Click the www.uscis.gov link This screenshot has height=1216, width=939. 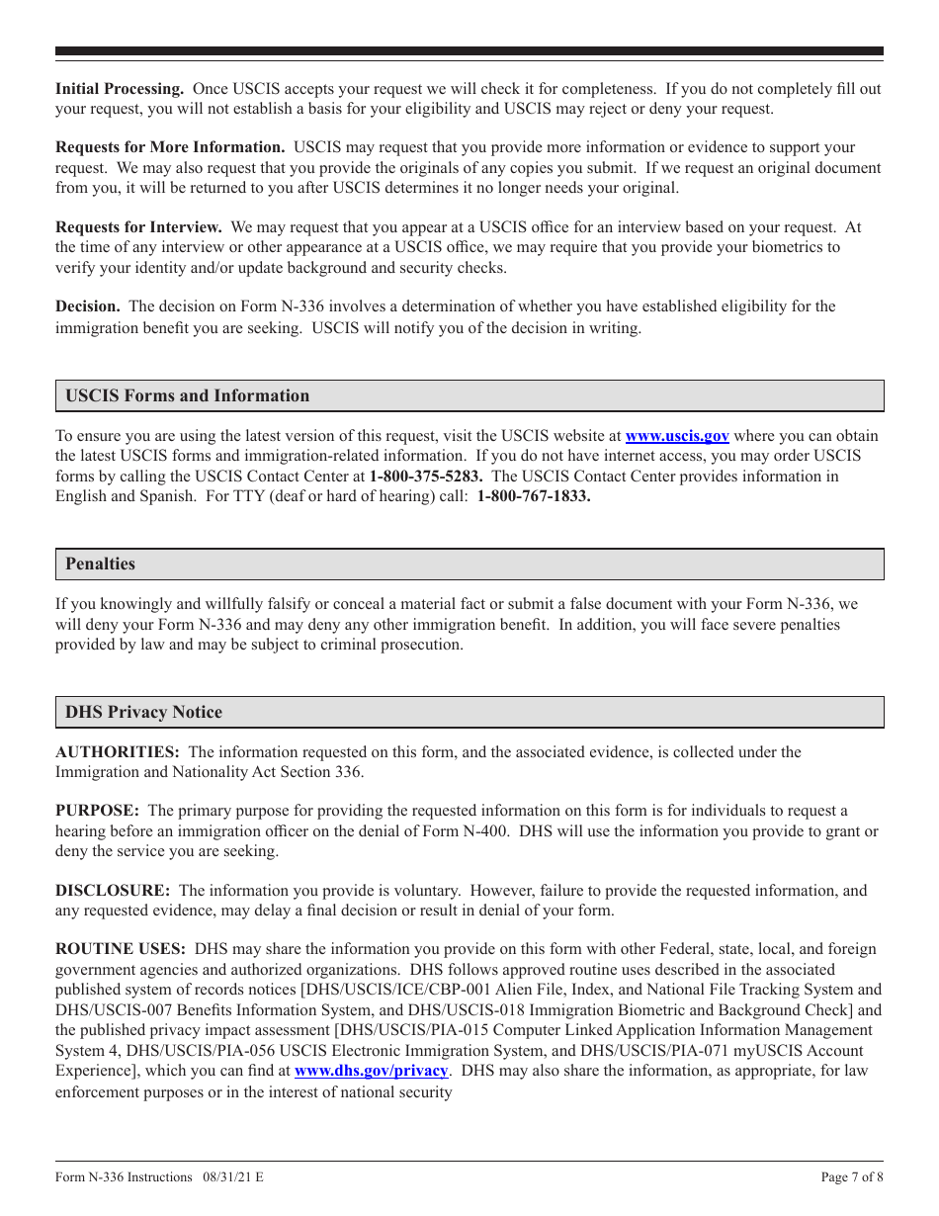[x=677, y=436]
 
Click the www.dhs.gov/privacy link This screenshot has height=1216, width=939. [x=372, y=1071]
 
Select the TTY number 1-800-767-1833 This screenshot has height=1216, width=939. [x=534, y=496]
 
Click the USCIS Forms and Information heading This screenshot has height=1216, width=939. [x=187, y=396]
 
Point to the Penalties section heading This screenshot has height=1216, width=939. [x=100, y=565]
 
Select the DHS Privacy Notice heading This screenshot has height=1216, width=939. [x=143, y=713]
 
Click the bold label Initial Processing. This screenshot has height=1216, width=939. [x=119, y=89]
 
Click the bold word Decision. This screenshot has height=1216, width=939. [x=87, y=306]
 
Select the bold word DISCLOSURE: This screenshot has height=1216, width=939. [x=113, y=891]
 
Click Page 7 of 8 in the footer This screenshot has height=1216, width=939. [x=852, y=1177]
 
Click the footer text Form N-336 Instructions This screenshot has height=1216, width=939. [x=124, y=1177]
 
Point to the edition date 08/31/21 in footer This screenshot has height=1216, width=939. [x=226, y=1177]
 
